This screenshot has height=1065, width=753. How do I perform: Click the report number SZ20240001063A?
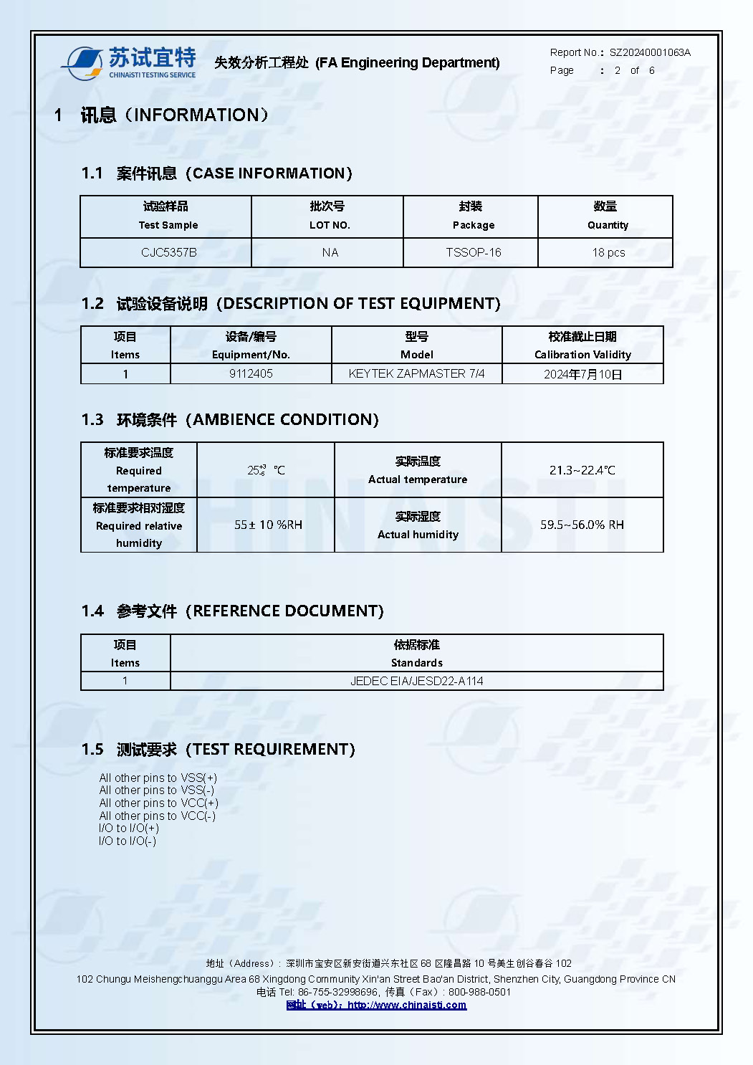click(650, 52)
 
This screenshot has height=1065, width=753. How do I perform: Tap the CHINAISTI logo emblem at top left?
click(82, 64)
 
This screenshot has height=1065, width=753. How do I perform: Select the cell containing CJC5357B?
click(168, 252)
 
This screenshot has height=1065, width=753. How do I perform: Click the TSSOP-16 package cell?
click(473, 252)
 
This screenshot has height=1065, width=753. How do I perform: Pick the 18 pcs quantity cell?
click(608, 252)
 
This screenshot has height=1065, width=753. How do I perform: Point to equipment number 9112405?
click(251, 373)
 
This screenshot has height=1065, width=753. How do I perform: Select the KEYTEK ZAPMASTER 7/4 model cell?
click(416, 373)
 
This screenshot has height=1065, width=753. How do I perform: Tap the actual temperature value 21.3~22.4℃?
click(582, 470)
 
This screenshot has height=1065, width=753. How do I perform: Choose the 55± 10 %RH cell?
click(267, 525)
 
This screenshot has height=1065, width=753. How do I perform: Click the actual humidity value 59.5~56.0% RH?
click(582, 525)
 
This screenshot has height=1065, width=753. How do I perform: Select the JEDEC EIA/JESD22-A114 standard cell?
click(416, 681)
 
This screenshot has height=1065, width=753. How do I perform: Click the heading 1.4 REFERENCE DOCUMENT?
click(233, 611)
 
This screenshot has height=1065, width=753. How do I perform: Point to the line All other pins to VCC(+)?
click(158, 803)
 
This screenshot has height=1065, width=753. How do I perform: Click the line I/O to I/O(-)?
click(127, 841)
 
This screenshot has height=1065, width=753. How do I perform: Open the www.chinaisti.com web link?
click(406, 1005)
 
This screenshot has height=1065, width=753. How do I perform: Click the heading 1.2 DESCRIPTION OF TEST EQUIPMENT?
click(291, 304)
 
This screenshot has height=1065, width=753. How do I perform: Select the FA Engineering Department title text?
click(407, 63)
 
